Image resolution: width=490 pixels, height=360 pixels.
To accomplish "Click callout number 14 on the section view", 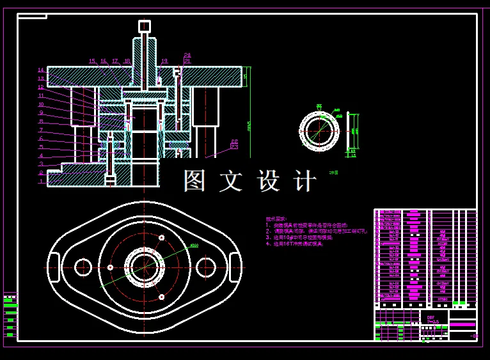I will [x=41, y=70].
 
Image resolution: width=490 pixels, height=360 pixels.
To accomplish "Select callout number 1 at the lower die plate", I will [x=41, y=182].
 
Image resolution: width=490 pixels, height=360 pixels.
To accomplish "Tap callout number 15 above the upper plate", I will [x=92, y=61].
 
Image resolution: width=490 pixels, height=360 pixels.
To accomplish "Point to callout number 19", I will [x=164, y=61].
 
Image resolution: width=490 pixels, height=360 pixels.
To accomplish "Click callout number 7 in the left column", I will [x=41, y=130].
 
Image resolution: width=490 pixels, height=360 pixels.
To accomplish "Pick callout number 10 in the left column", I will [x=41, y=104].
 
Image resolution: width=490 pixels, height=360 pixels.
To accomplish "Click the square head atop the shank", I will [x=145, y=26].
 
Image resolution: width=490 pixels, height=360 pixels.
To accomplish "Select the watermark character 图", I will [x=196, y=181].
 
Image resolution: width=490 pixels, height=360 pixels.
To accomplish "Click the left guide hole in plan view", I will [x=83, y=267].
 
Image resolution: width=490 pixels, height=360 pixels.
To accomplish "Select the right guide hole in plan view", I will [x=205, y=267].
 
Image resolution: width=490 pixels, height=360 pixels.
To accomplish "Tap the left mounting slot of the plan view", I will [x=54, y=267].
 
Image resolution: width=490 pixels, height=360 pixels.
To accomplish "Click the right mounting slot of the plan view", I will [x=235, y=267].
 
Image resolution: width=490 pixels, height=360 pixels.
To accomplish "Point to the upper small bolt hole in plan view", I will [x=161, y=238].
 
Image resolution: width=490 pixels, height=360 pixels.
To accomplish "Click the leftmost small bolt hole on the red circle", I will [x=110, y=267].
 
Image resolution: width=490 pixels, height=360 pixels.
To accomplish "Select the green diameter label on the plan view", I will [x=194, y=245].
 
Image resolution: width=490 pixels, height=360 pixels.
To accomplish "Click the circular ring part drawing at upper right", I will [x=319, y=131].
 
